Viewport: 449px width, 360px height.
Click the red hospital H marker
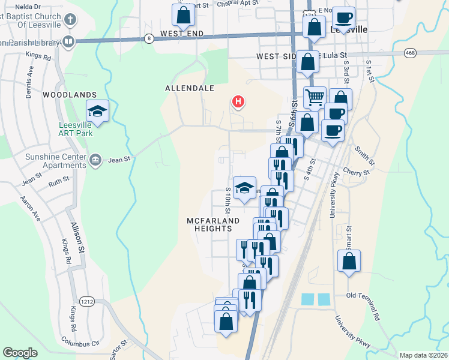[238, 102]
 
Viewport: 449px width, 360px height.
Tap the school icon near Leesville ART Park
[97, 111]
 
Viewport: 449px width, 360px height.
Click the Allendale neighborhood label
[190, 88]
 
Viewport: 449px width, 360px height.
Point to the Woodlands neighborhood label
[70, 95]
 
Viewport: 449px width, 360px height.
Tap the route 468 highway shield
[410, 53]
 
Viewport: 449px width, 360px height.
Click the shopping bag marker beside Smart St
[349, 262]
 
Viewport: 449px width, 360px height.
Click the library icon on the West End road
[68, 41]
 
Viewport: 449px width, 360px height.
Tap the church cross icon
[70, 19]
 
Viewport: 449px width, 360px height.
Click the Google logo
[20, 352]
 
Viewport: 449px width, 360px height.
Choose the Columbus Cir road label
[80, 341]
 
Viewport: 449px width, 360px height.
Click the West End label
[179, 34]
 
